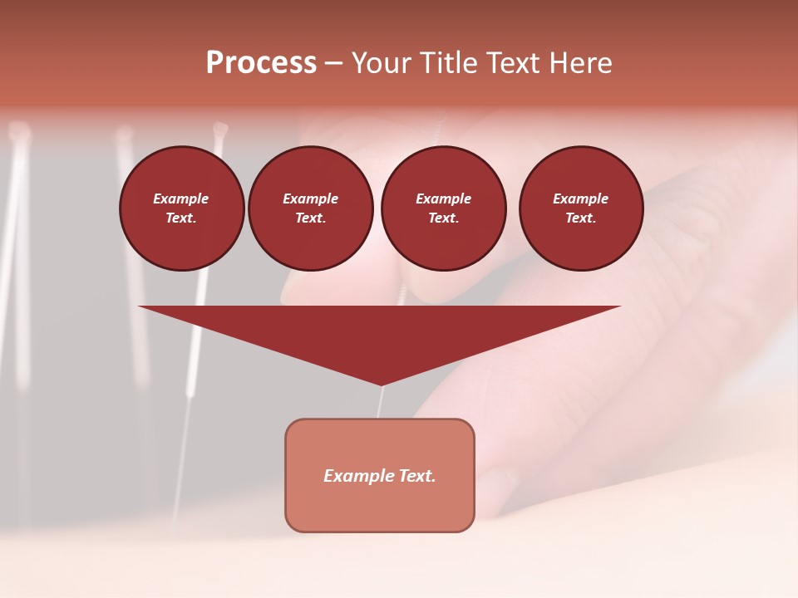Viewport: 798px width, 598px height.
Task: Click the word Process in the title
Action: click(261, 63)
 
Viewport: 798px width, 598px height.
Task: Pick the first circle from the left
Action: click(181, 208)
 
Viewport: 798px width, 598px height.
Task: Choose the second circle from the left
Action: click(310, 208)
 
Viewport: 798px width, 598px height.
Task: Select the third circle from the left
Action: click(443, 208)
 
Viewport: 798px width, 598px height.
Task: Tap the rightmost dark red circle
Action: click(580, 208)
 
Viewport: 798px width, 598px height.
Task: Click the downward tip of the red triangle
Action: click(381, 384)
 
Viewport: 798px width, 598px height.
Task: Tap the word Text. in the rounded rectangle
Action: click(417, 476)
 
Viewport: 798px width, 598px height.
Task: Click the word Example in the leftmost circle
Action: click(181, 199)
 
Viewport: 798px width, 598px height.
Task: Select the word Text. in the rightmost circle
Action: click(580, 218)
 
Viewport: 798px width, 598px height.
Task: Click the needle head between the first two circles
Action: click(220, 129)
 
